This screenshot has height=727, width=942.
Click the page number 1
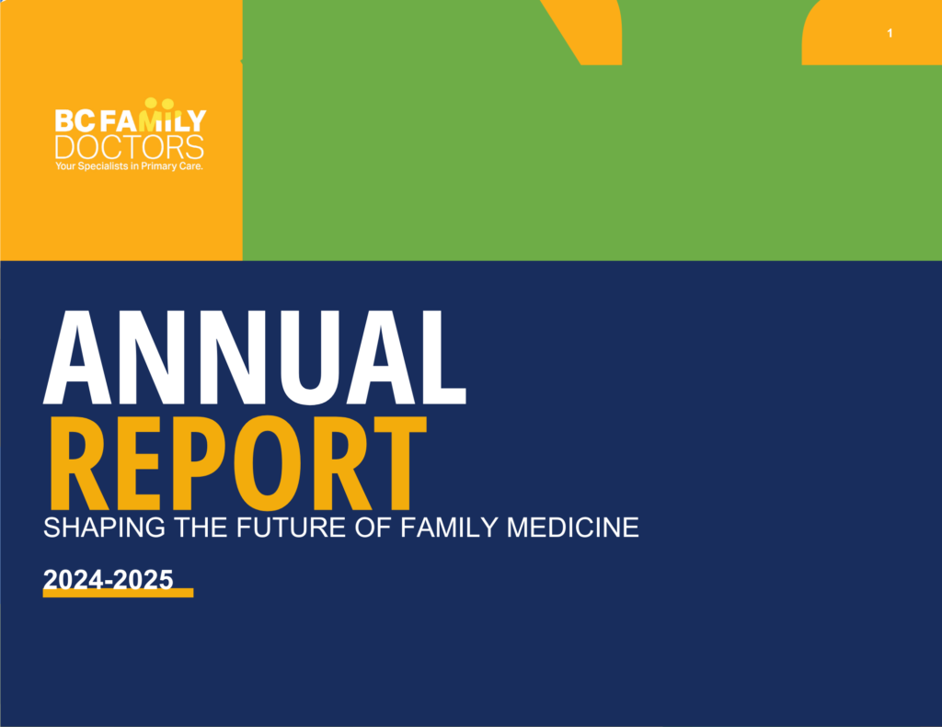890,33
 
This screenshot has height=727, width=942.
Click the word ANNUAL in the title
255,358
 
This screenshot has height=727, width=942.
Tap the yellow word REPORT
238,463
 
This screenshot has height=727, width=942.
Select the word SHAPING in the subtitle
104,528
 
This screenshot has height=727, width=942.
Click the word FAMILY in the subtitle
449,528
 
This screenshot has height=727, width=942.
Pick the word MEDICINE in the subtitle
572,528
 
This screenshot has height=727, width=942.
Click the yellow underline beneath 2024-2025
119,593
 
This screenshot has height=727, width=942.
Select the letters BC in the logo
75,120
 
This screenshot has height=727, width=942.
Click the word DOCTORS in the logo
129,147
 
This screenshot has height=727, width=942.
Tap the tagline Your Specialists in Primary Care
129,166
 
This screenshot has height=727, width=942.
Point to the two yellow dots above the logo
159,103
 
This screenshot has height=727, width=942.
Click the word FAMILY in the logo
153,120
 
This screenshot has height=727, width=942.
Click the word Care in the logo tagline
191,165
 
